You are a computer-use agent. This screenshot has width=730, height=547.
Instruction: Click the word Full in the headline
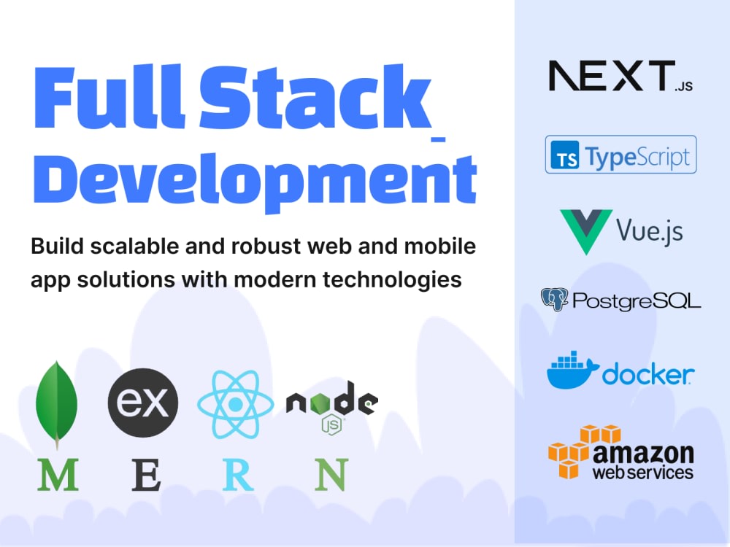(109, 97)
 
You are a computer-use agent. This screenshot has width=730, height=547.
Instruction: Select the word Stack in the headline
(315, 96)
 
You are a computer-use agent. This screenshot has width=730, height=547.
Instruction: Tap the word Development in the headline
(255, 182)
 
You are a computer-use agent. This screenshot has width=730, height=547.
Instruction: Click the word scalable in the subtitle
(134, 246)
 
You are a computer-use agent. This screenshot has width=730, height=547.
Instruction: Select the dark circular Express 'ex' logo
(143, 403)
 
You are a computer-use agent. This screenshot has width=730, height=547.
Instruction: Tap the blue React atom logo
(236, 404)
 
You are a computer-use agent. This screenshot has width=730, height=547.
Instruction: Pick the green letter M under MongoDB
(58, 475)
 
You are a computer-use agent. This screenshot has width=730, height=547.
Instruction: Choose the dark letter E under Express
(146, 475)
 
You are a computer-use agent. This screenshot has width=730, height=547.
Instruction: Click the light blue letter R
(238, 475)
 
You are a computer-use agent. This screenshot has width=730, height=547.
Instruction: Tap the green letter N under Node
(331, 475)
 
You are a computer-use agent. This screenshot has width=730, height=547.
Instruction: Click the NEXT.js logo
(620, 75)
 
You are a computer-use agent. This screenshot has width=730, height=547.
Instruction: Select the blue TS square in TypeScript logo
(565, 155)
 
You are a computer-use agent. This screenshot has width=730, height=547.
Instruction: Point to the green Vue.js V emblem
(586, 231)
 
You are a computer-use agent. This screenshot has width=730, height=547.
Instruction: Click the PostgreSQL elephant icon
(555, 299)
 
